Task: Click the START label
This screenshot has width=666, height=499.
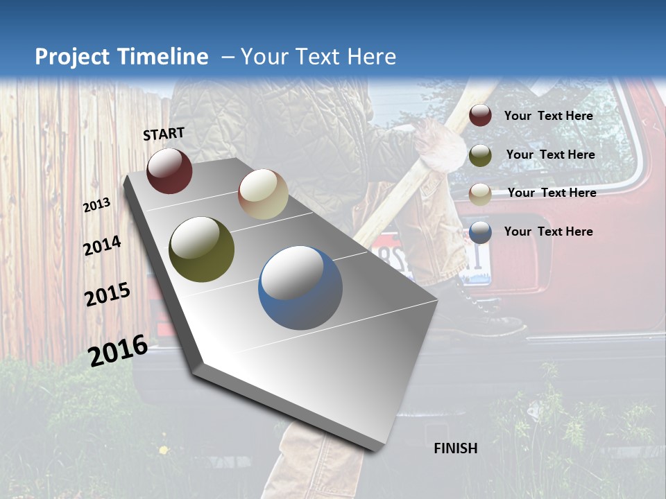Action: point(164,134)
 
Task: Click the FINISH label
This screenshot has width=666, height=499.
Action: point(456,448)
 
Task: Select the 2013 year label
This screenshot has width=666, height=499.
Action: point(96,204)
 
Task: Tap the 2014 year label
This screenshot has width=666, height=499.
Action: point(102,245)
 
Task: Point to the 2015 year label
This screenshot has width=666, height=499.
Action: point(108,295)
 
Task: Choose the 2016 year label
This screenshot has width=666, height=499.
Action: point(118,350)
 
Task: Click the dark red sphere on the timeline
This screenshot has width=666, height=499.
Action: point(169,170)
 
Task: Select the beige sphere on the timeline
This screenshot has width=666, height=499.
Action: point(263,194)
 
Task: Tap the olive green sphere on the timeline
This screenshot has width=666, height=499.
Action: point(201,249)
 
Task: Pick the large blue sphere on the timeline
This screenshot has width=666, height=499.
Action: point(300,288)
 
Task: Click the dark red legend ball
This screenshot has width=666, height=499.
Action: point(480,116)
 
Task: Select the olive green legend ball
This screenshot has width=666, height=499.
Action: point(480,155)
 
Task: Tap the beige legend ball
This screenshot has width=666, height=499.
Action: point(480,193)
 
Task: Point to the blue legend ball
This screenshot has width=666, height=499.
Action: point(480,232)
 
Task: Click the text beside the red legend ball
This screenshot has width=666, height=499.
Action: point(548,116)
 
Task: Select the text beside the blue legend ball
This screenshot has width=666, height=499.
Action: point(548,231)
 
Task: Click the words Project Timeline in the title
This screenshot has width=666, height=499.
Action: point(121,57)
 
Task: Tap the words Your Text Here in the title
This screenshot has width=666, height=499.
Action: point(318,57)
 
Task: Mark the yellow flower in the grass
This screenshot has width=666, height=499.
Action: point(164,450)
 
